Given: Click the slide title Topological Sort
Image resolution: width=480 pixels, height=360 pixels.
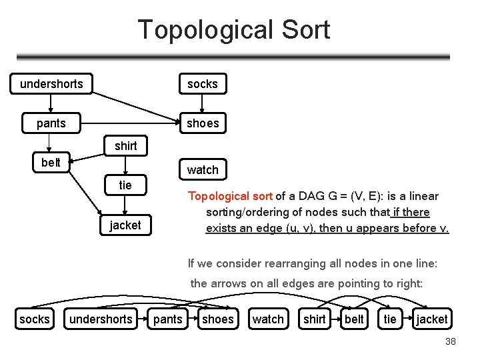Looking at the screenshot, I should tap(233, 30).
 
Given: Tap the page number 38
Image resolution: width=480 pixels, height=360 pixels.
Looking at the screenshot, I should tap(450, 342).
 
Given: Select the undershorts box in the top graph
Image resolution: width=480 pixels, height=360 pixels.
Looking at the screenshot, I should tap(51, 84).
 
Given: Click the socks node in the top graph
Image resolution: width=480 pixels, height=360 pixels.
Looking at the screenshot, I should tap(202, 84).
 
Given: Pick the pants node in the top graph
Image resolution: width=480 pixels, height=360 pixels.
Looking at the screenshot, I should tap(51, 123).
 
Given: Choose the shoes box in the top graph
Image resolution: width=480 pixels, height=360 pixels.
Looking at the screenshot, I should tap(202, 123).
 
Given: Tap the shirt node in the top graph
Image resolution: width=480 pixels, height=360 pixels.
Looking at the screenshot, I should tap(125, 146).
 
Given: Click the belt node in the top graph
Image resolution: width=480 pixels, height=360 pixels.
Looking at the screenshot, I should tap(51, 163).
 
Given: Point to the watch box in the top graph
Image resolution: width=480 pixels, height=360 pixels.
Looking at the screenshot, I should tap(202, 170).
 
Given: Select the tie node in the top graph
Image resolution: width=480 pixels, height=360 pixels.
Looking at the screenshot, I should tap(125, 185).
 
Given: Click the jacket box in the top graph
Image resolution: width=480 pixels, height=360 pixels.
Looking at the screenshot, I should tap(125, 225).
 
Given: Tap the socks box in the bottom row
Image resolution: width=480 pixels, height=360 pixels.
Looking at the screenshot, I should tap(35, 319).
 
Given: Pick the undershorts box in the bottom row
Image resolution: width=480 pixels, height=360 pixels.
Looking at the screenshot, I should tap(101, 319).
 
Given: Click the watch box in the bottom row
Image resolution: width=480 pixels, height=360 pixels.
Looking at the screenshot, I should tap(268, 319).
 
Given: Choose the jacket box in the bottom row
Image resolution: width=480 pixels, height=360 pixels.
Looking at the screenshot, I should tap(432, 319).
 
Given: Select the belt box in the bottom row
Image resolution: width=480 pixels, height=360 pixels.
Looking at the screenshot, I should tap(354, 319).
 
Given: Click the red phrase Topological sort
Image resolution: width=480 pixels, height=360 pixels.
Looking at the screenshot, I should tap(230, 196).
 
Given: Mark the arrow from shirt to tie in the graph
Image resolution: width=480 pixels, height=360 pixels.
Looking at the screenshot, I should tap(125, 165).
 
